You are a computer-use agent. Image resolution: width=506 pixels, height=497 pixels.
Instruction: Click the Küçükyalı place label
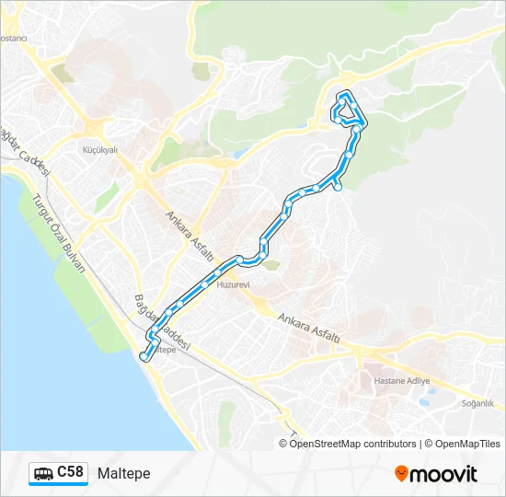[100, 149]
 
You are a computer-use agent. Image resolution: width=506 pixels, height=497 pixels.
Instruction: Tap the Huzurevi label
[233, 285]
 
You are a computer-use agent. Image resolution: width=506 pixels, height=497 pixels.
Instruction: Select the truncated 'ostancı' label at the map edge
[14, 39]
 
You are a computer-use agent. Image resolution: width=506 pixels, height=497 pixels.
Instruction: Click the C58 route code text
[70, 472]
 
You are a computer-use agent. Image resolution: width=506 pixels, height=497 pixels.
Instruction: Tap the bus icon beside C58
[43, 474]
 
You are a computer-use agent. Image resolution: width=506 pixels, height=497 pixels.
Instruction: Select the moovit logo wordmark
[443, 474]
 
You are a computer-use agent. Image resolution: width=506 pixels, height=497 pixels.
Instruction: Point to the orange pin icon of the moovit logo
[401, 474]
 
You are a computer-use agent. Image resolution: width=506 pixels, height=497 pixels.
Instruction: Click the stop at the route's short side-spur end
[338, 188]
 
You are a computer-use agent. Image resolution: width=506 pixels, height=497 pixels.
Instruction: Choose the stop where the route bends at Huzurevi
[239, 259]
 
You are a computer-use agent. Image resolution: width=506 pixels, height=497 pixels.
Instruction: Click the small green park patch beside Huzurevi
[270, 265]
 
